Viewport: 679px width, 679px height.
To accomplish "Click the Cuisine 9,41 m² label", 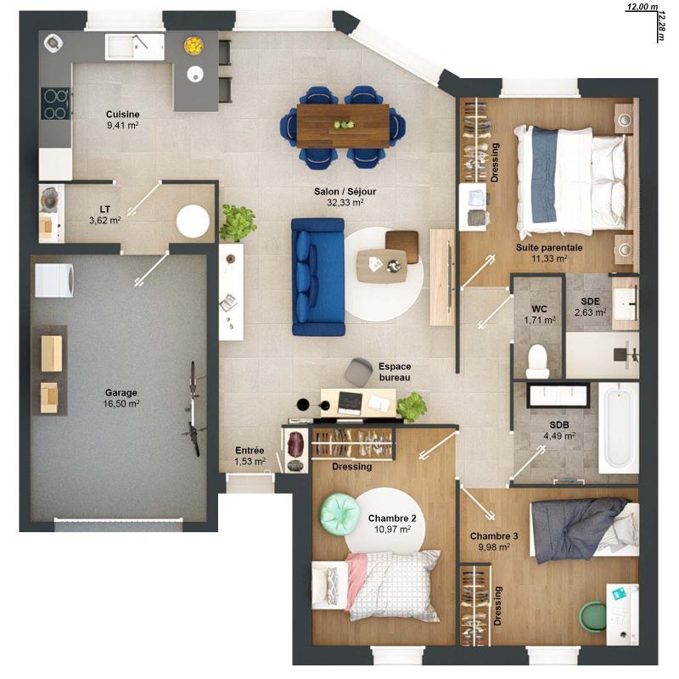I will [x=122, y=120].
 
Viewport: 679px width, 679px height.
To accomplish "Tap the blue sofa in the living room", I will [x=317, y=276].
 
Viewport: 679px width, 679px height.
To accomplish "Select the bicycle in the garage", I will [x=194, y=408].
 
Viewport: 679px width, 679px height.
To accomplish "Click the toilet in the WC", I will [x=537, y=362].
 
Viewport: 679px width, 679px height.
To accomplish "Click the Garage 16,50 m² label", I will [x=121, y=398].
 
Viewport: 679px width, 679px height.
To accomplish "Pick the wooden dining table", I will [x=343, y=124].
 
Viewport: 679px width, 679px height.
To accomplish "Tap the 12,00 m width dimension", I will [x=642, y=7].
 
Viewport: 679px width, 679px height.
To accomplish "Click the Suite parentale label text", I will [x=548, y=247].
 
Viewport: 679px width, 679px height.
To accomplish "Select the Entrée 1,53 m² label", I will [x=250, y=456].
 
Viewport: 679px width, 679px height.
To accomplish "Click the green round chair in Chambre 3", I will [x=592, y=615].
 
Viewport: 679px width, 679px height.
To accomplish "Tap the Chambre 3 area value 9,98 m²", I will [x=493, y=547].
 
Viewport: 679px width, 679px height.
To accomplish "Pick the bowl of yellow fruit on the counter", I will [x=194, y=44].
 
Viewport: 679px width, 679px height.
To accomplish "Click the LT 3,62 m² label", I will [x=105, y=215].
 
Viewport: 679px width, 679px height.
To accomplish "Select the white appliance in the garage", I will [x=54, y=279].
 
